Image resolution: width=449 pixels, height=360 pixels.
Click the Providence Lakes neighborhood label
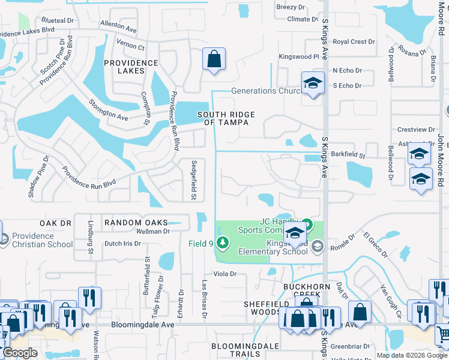(131, 67)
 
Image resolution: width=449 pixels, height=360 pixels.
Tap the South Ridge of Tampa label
(226, 118)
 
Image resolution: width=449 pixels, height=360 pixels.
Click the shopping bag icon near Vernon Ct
(213, 59)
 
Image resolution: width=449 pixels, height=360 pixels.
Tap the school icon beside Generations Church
(312, 84)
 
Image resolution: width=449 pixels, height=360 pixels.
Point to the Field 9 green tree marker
(223, 243)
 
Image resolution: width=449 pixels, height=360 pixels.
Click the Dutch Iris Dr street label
(122, 244)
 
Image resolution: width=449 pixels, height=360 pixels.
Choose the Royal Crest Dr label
(354, 42)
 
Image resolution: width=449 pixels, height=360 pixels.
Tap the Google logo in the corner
(19, 353)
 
